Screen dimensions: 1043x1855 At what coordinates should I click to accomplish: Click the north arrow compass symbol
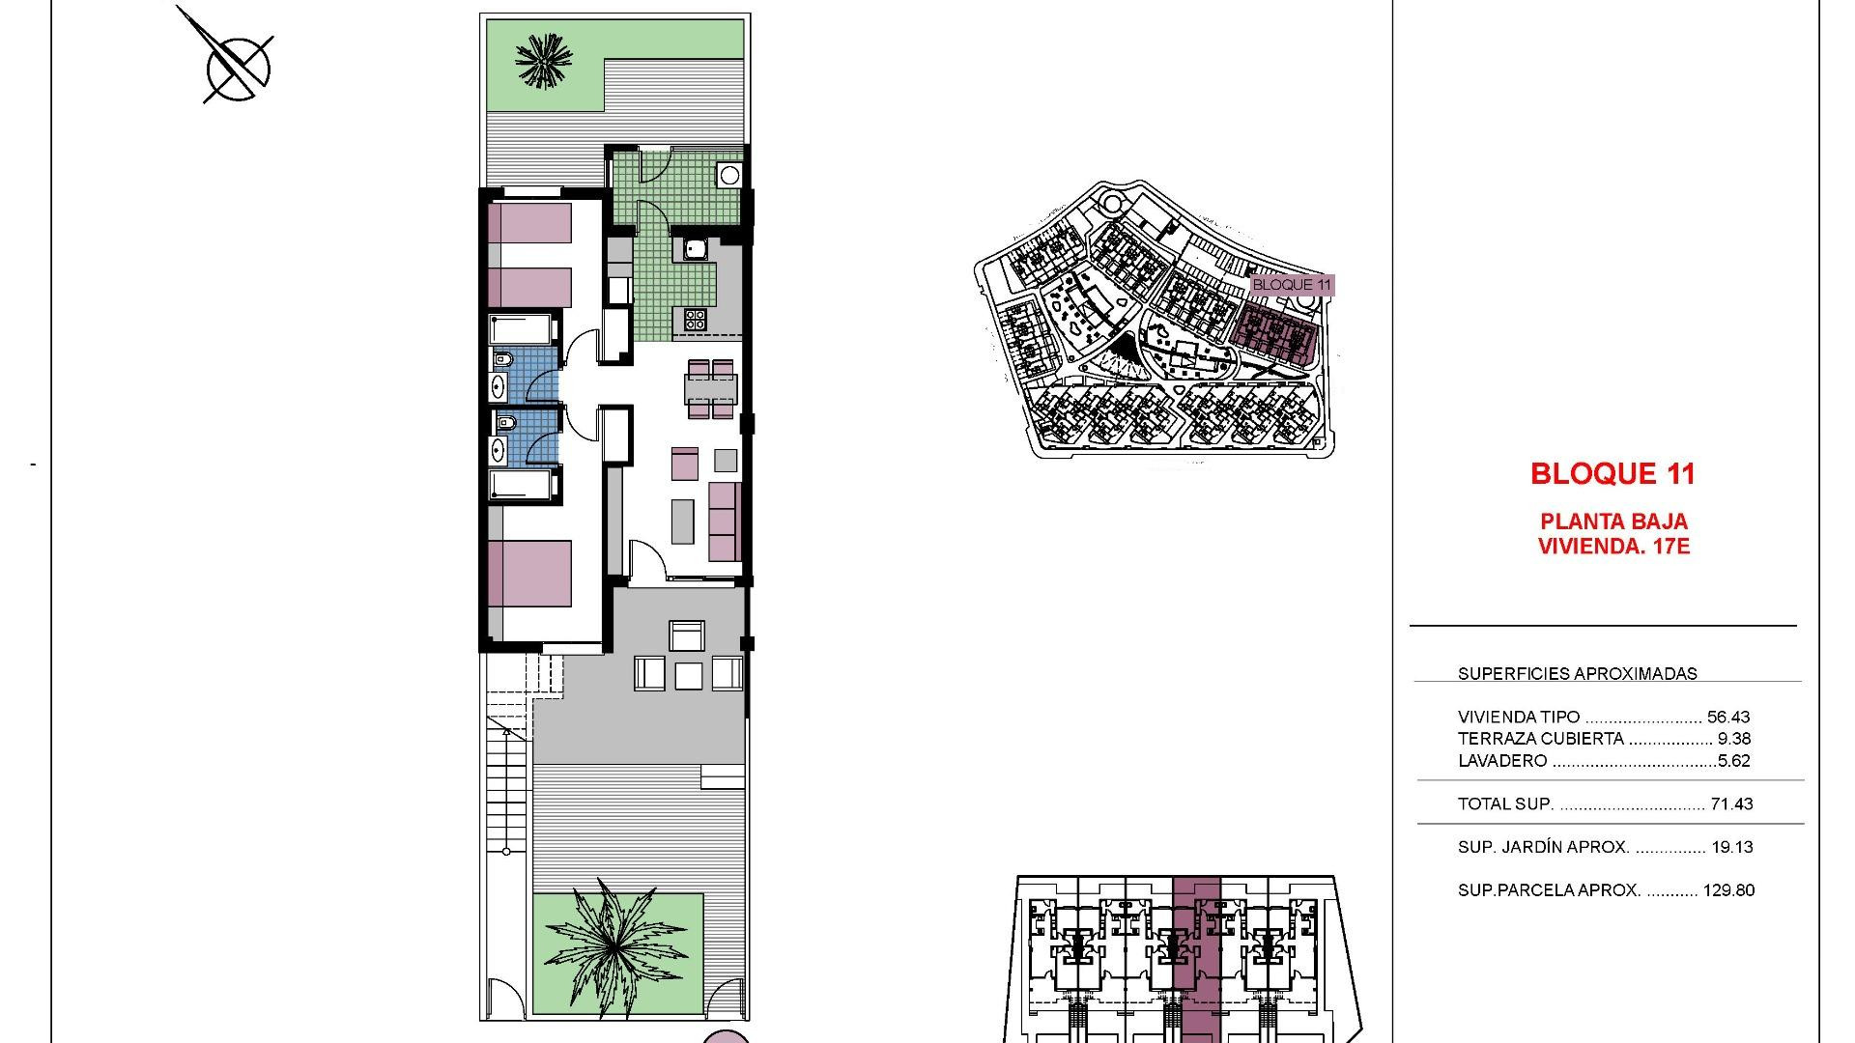(237, 66)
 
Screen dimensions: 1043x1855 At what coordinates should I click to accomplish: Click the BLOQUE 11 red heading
(1612, 473)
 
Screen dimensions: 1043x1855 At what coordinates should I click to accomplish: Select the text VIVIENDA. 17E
(1613, 547)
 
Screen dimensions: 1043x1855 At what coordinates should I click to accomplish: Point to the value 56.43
(1728, 717)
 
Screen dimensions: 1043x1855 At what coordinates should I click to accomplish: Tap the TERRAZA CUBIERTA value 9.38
(1734, 739)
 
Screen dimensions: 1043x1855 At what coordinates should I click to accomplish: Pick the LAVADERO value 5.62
(1734, 761)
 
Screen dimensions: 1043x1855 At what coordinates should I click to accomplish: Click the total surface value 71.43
(1731, 803)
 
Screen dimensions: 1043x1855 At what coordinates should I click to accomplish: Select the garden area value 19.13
(1731, 847)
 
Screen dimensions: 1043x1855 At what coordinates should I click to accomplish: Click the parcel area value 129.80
(1728, 890)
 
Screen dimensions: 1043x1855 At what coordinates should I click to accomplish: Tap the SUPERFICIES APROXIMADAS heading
(1577, 674)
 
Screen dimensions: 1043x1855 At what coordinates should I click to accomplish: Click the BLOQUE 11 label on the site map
(1291, 285)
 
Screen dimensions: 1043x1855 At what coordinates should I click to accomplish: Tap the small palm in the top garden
(543, 61)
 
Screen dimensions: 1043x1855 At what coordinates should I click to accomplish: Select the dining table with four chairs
(710, 388)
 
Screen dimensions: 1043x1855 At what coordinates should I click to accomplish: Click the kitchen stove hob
(696, 318)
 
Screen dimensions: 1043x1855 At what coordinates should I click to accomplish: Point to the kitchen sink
(695, 250)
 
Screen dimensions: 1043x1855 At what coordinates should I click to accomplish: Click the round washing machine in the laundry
(729, 176)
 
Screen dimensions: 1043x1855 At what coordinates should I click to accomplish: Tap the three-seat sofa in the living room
(725, 521)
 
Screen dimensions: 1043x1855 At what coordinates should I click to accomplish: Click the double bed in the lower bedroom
(529, 574)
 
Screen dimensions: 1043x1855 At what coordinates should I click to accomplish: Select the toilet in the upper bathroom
(503, 360)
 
